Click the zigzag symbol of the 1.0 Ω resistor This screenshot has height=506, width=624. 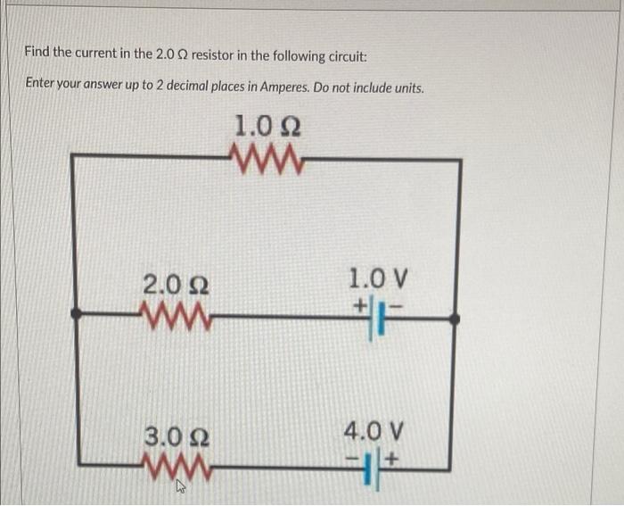(x=267, y=160)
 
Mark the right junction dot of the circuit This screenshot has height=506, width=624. (x=456, y=317)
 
